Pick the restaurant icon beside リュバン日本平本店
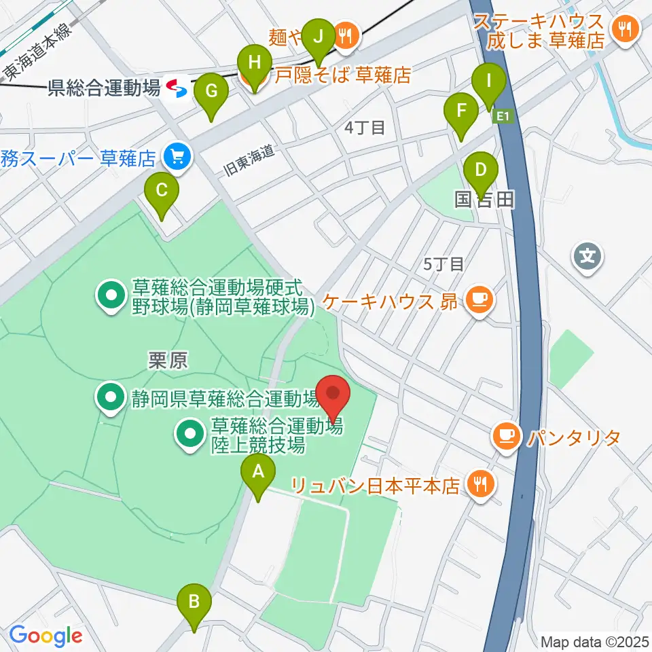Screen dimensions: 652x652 [481, 484]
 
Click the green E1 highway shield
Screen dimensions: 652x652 [503, 117]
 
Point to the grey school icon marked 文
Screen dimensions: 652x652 [588, 256]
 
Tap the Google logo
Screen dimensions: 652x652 [46, 636]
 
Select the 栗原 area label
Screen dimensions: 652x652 [168, 361]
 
